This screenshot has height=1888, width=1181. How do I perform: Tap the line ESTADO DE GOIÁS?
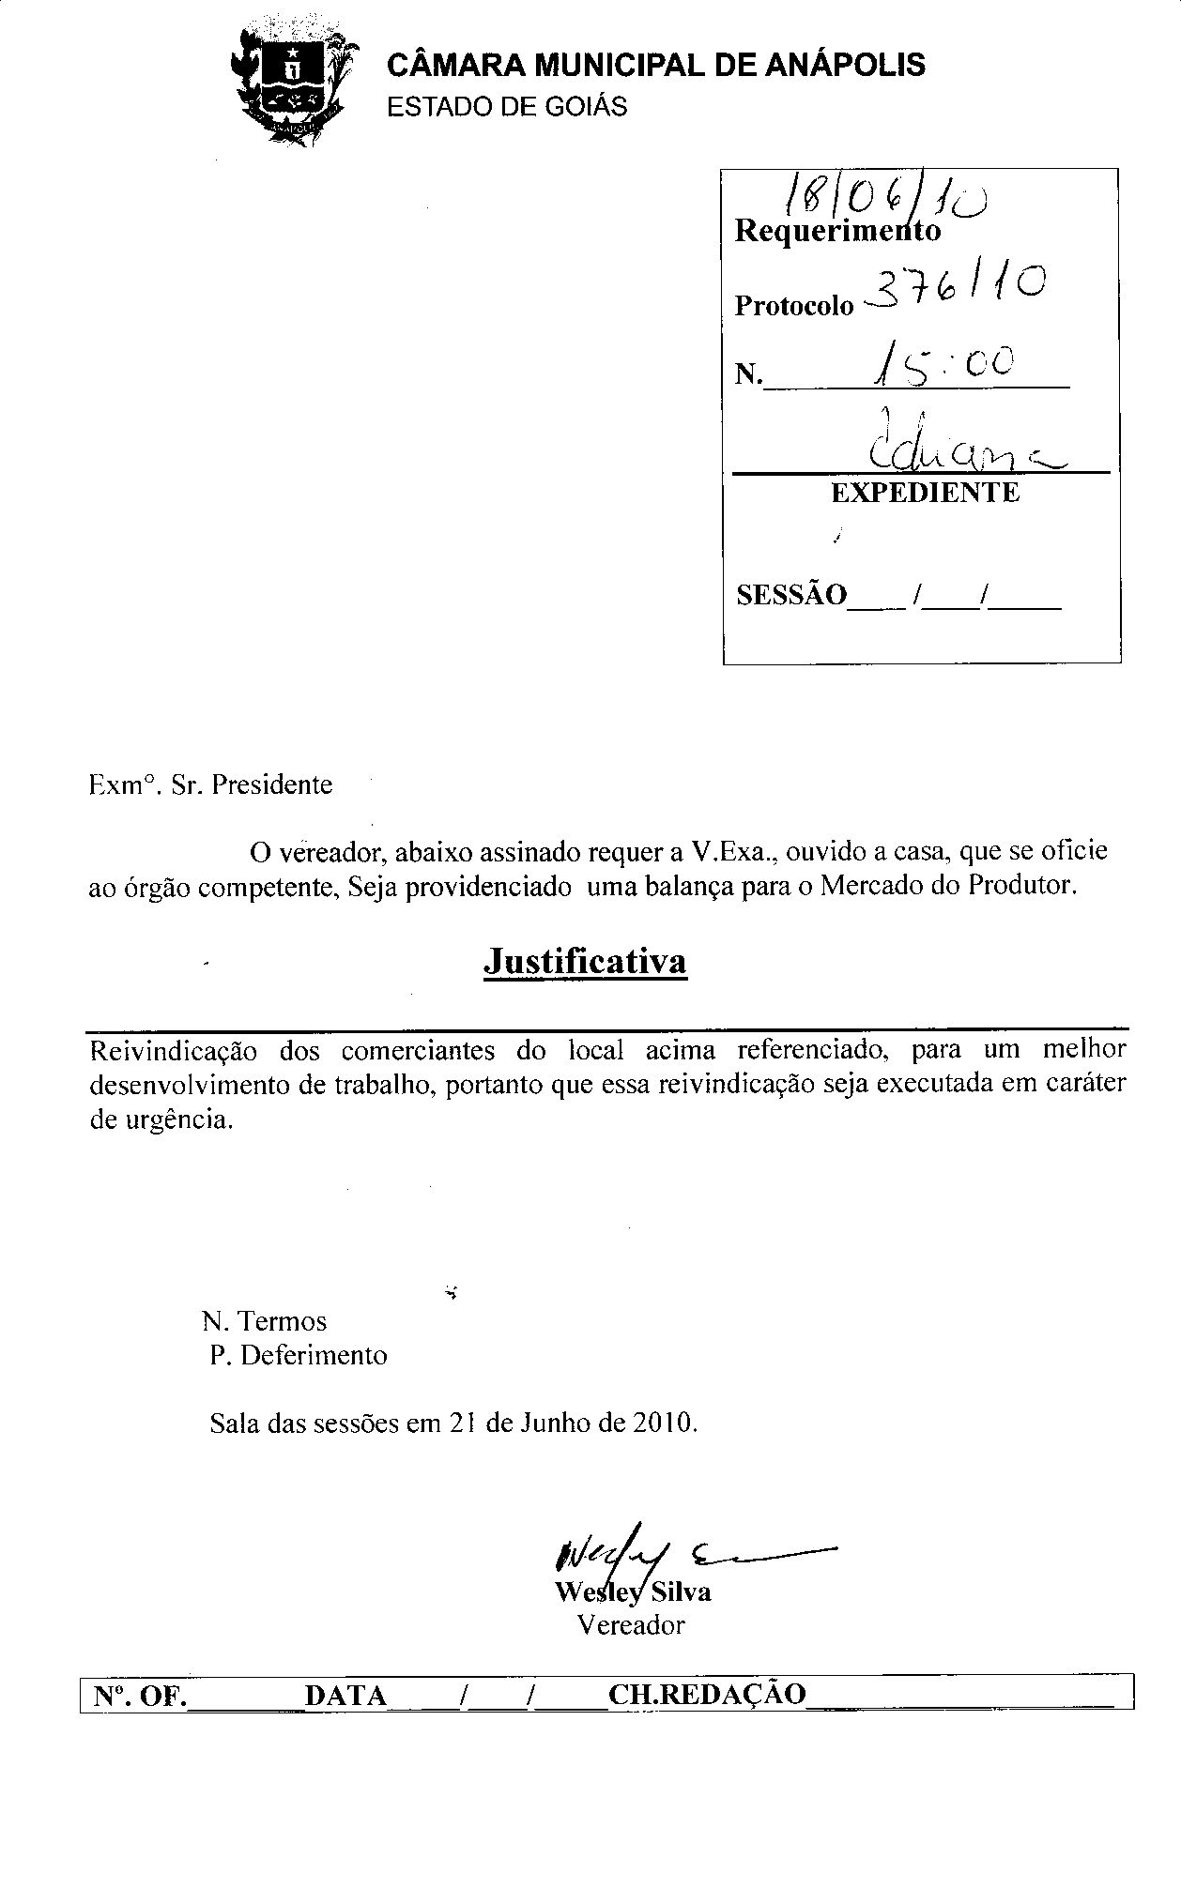tap(507, 107)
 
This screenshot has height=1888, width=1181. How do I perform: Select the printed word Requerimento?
tap(837, 231)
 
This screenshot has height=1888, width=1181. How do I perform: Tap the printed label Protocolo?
tap(794, 306)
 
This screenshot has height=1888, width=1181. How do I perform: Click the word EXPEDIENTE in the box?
tap(925, 493)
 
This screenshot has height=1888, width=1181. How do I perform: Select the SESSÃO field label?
tap(791, 595)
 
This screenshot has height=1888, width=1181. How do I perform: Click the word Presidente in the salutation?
tap(272, 784)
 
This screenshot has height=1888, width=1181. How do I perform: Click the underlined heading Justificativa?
tap(585, 961)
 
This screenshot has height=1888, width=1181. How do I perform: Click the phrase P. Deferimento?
tap(299, 1355)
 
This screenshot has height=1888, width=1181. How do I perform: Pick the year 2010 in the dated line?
tap(663, 1423)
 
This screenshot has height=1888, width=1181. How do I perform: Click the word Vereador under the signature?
tap(631, 1624)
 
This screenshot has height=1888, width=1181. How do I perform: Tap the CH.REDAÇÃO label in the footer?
tap(707, 1694)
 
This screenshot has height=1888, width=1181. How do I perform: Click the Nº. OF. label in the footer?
tap(140, 1696)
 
